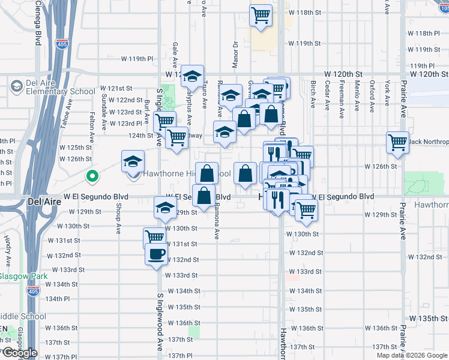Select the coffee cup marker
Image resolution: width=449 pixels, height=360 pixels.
coord(156,254)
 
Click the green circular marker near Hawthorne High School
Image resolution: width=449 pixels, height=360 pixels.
coord(92,176)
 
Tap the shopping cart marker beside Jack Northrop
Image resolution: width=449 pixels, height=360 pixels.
coord(397,143)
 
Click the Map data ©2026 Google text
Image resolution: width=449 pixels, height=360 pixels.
coord(411,355)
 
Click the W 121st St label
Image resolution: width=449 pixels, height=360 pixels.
coord(116,88)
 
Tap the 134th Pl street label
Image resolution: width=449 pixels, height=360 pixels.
coord(58,299)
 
